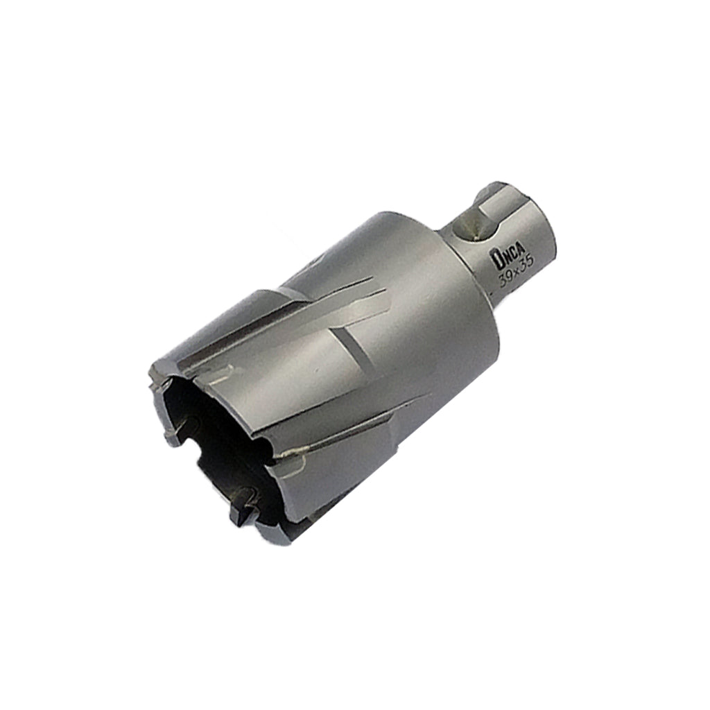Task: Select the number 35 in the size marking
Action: coord(527,266)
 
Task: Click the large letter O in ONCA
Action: coord(496,261)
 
